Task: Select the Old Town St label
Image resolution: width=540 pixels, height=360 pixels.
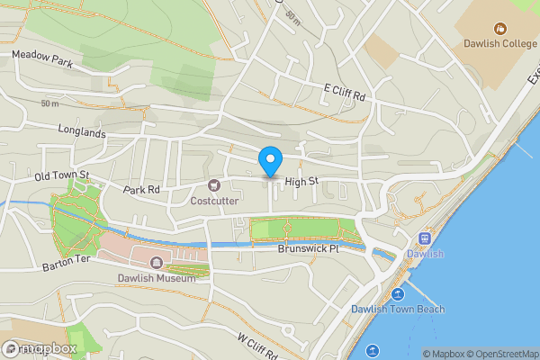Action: tap(62, 175)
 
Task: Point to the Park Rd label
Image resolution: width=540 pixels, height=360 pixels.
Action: tap(141, 190)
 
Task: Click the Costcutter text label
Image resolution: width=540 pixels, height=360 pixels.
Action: tap(214, 201)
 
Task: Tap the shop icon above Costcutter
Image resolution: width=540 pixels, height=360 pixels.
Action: tap(214, 186)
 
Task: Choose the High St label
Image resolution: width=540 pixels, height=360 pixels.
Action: tap(302, 182)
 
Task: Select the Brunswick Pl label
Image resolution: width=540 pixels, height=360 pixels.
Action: tap(307, 247)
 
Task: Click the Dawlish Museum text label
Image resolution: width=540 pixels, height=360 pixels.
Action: tap(157, 278)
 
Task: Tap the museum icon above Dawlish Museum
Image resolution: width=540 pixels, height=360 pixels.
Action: tap(157, 263)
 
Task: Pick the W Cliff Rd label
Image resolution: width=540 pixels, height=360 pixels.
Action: tap(256, 345)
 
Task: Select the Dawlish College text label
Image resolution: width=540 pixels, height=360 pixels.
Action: tap(499, 42)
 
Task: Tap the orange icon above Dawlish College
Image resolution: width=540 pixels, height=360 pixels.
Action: tap(499, 26)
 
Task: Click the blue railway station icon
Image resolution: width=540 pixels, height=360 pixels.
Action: tap(425, 238)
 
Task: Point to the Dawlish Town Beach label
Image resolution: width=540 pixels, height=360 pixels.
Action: tap(397, 310)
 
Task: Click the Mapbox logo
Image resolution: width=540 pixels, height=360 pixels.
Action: tap(40, 348)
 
